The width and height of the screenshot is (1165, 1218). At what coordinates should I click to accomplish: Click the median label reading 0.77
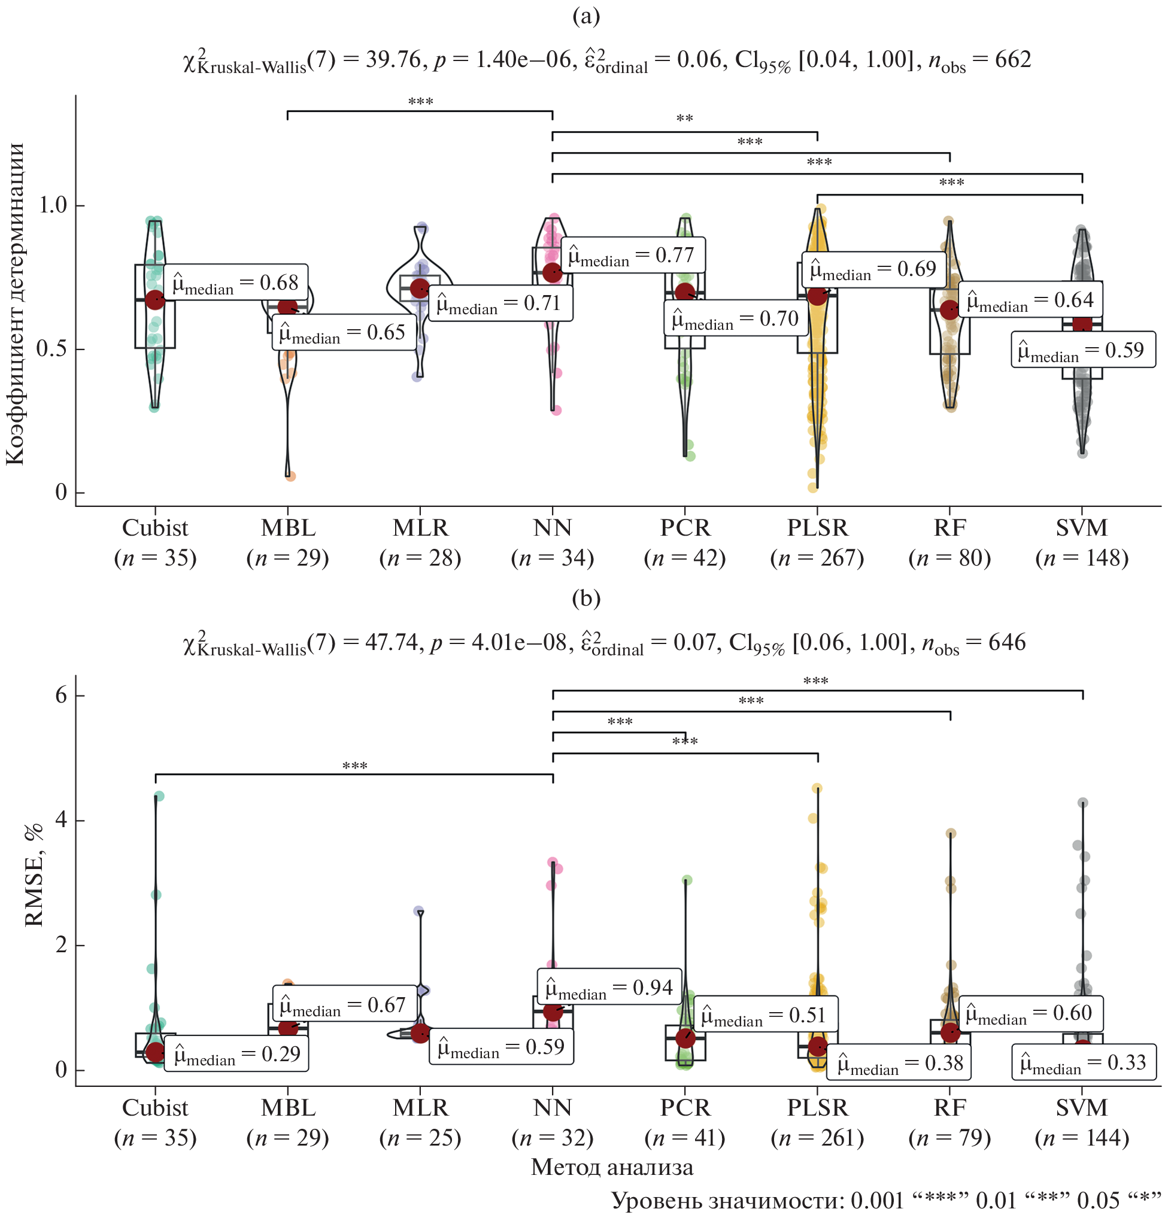tap(633, 255)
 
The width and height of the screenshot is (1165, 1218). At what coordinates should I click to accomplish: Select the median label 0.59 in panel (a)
tap(1083, 351)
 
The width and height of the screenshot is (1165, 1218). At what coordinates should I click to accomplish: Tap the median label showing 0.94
tap(609, 988)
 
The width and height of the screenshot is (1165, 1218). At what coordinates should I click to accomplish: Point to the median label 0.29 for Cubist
tap(236, 1054)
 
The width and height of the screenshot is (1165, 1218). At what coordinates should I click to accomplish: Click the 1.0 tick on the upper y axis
tap(53, 205)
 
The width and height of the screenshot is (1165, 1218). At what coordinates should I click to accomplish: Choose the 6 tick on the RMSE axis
tap(61, 695)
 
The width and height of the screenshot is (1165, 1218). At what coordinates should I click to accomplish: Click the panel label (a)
tap(585, 16)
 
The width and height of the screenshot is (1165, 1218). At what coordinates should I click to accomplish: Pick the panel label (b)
tap(585, 598)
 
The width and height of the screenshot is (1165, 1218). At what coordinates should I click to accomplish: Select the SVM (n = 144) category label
tap(1082, 1122)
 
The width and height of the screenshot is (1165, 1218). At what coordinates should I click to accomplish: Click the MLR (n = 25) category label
tap(420, 1122)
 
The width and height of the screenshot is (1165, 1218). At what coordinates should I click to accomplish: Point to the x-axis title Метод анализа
tap(612, 1167)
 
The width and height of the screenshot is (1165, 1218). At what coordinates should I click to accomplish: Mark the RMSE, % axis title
tap(34, 875)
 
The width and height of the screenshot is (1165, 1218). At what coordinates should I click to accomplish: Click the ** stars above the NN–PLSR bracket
tap(684, 119)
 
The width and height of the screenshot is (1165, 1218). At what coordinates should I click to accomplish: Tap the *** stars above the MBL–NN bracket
tap(420, 102)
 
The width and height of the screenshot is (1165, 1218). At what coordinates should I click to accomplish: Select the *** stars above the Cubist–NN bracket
tap(354, 766)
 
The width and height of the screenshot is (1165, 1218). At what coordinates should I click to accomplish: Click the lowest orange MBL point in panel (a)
tap(290, 476)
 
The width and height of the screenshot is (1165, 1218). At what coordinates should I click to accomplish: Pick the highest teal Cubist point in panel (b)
tap(159, 796)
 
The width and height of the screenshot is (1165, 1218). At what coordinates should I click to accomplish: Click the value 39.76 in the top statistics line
tap(394, 60)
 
